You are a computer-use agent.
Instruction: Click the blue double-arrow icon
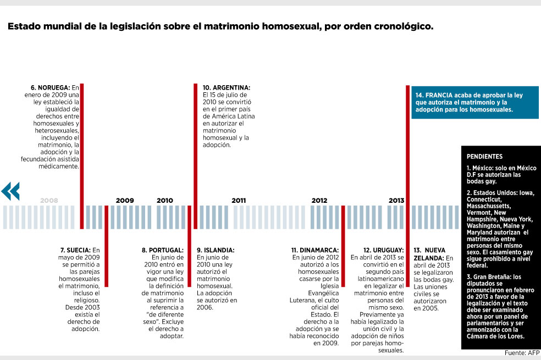point(10,191)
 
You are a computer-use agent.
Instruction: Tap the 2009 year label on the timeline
point(125,201)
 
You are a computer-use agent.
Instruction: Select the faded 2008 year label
point(49,201)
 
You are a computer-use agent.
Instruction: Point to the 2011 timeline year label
point(239,201)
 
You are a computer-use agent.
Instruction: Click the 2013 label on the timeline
point(396,201)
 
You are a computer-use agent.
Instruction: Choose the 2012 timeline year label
point(319,201)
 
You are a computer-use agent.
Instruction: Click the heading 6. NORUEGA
point(51,87)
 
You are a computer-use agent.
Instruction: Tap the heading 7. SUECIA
point(75,250)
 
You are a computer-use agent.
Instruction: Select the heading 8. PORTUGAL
point(163,250)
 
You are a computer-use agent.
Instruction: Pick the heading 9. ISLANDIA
point(216,250)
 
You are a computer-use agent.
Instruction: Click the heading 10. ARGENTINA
point(227,87)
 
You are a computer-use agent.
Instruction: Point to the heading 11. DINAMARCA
point(315,250)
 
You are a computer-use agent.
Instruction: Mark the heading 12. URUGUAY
point(383,250)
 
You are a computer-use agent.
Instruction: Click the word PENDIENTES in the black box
point(484,156)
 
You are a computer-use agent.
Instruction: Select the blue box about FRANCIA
point(475,102)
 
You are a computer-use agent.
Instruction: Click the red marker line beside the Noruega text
point(82,156)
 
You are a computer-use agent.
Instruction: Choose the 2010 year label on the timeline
point(165,201)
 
